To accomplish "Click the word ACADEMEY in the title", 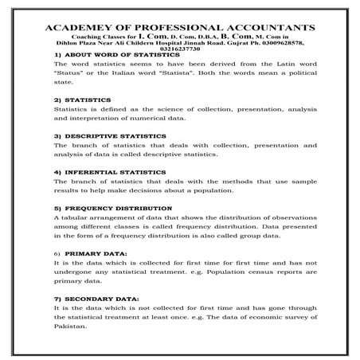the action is coord(78,27).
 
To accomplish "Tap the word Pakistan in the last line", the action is coord(69,327).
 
